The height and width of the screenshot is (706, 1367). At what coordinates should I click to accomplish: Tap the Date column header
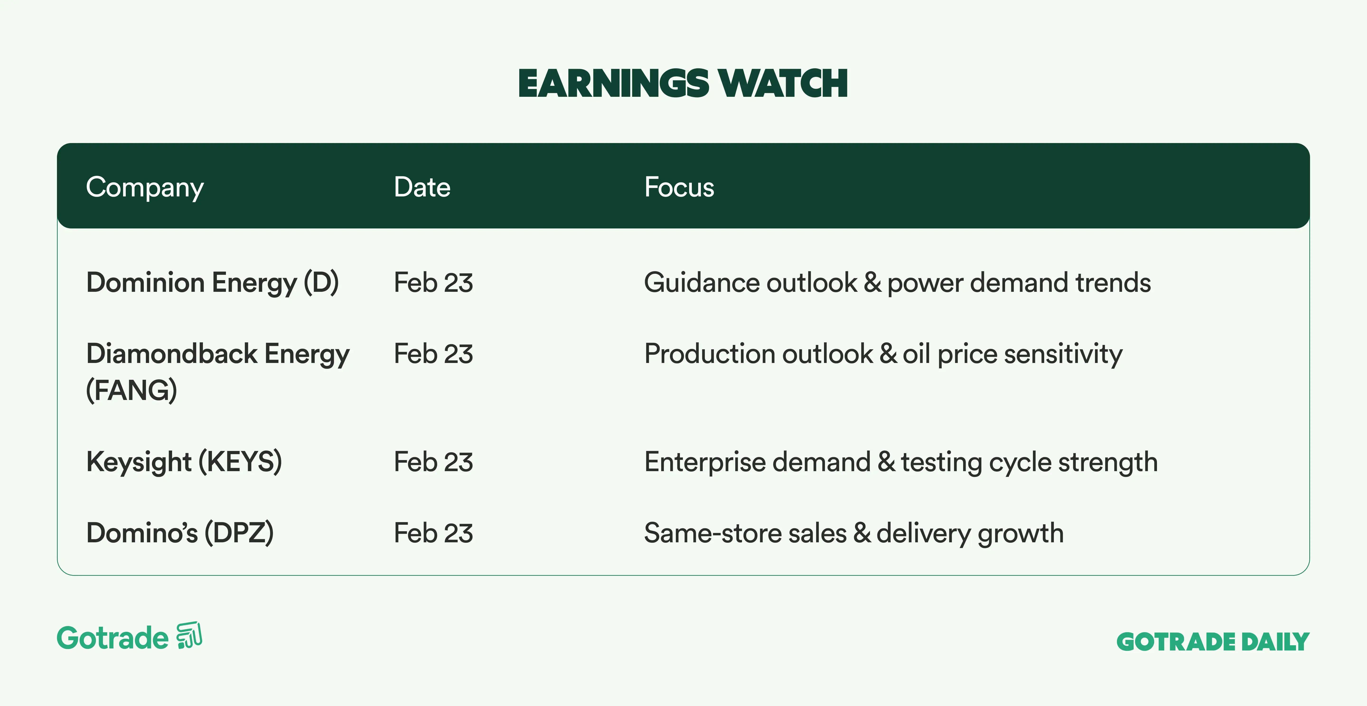tap(422, 187)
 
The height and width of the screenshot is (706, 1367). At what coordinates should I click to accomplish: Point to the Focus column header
tap(679, 187)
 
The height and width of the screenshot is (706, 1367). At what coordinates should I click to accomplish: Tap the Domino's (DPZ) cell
tap(180, 533)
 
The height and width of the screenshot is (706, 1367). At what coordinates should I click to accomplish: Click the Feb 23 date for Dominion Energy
tap(433, 283)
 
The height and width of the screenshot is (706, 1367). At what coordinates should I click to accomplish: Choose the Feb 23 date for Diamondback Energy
tap(433, 354)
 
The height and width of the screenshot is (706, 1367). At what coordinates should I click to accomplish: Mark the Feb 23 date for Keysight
tap(433, 462)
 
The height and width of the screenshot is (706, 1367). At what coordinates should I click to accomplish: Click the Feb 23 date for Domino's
tap(433, 533)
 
